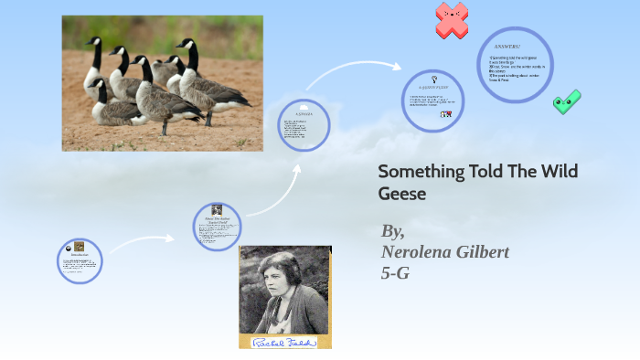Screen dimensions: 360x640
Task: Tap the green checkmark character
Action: coord(567,101)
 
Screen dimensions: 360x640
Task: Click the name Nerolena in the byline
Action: coord(417,251)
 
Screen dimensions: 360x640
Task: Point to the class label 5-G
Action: coord(395,271)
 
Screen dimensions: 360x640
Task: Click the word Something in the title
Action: coord(421,172)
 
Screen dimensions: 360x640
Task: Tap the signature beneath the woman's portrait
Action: coord(284,342)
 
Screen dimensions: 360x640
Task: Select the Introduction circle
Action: coord(80,260)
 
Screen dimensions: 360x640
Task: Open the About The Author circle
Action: coord(218,227)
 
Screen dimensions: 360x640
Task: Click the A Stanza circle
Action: coord(304,125)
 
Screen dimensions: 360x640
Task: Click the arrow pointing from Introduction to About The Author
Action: coord(142,241)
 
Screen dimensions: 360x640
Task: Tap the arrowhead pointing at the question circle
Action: coord(394,66)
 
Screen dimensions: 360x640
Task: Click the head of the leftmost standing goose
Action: coord(94,43)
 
